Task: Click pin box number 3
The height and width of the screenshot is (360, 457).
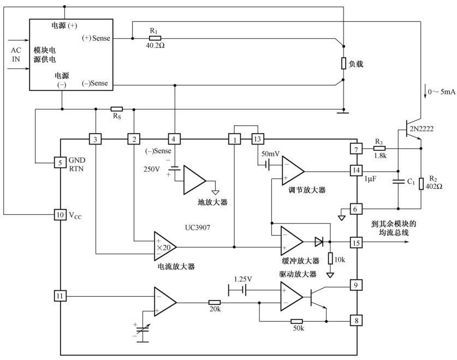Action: click(96, 139)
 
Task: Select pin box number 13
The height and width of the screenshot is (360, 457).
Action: click(257, 139)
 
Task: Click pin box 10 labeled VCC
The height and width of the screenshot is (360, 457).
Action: click(60, 215)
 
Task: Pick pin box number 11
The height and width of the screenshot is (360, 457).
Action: click(60, 296)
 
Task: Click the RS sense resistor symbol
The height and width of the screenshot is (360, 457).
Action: click(116, 109)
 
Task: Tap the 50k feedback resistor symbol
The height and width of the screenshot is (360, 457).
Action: click(296, 322)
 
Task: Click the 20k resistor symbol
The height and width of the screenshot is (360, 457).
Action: click(215, 302)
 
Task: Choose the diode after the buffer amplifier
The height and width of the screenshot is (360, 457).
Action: click(319, 241)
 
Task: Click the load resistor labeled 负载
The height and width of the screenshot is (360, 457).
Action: click(344, 63)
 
